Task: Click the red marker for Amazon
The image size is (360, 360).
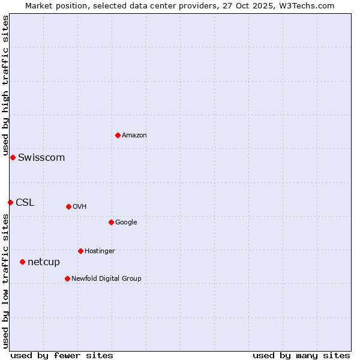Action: click(118, 135)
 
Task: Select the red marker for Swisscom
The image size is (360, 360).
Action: click(13, 157)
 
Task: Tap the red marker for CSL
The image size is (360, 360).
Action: click(10, 202)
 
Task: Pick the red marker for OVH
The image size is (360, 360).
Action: click(68, 206)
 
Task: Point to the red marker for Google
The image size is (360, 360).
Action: click(111, 222)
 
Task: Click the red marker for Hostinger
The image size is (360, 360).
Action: click(80, 251)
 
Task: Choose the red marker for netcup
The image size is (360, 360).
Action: click(22, 262)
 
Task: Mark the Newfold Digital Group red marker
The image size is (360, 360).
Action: click(67, 278)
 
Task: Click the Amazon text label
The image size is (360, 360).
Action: click(134, 136)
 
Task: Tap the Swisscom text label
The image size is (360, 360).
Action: click(41, 158)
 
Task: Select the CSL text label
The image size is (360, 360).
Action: click(25, 203)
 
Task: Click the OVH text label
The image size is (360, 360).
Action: click(80, 207)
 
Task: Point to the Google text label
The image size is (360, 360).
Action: click(126, 223)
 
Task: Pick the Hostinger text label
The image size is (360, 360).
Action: click(100, 251)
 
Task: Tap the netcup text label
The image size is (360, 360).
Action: click(44, 262)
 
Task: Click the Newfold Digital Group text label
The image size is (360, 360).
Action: click(106, 279)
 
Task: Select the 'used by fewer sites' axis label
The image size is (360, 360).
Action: click(62, 355)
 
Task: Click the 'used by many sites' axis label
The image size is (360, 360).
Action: click(301, 355)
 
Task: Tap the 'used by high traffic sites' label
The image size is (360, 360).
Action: click(5, 86)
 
